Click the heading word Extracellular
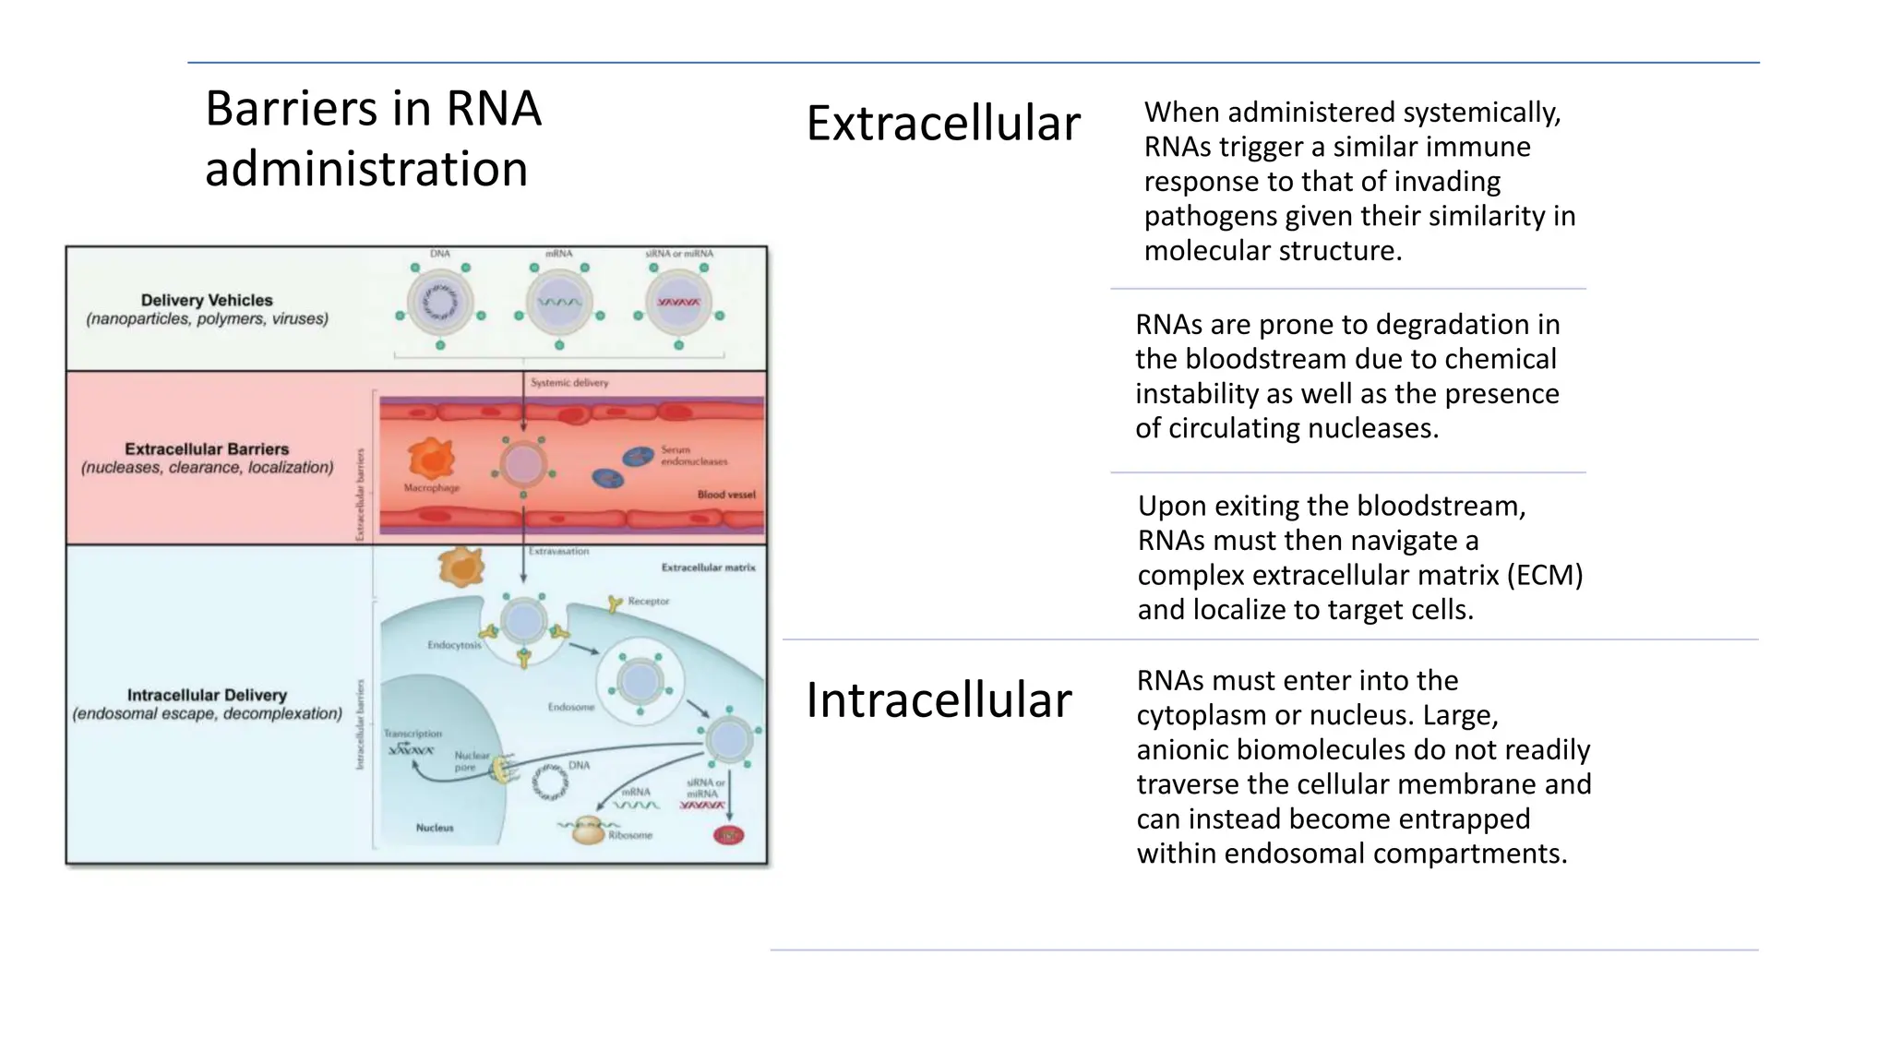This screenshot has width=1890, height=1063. point(942,124)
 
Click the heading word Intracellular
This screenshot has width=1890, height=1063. point(938,699)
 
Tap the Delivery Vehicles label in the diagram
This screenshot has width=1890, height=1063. point(207,301)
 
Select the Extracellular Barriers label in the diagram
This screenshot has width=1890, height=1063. point(207,449)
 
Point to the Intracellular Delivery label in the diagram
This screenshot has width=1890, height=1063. point(207,696)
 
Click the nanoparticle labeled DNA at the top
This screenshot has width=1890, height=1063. point(440,303)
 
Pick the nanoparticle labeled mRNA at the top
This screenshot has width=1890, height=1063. point(559,303)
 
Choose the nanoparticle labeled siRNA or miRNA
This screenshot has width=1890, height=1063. point(678,303)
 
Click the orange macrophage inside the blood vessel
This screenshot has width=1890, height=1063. point(431,459)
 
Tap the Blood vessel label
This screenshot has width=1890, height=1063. point(725,495)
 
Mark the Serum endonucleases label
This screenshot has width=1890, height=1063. point(693,456)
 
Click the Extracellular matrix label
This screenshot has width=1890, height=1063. point(708,567)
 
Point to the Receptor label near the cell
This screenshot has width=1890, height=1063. point(648,602)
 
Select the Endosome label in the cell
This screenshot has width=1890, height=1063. point(571,708)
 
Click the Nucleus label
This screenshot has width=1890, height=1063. point(435,828)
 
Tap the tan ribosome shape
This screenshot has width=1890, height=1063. point(588,831)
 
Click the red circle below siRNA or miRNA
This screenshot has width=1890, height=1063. point(728,836)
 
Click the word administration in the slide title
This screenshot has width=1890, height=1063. point(366,170)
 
